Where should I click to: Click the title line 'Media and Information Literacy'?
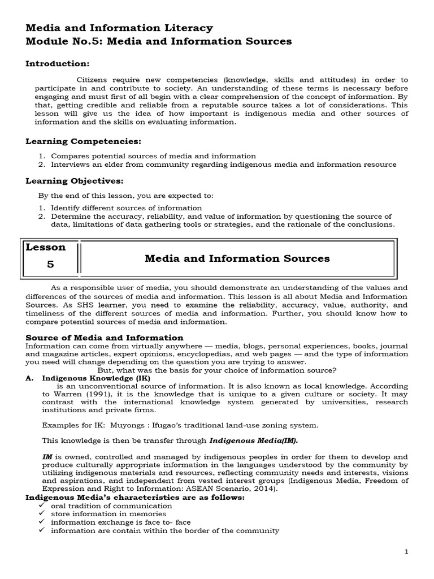tap(119, 28)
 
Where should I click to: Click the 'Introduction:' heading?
tap(57, 63)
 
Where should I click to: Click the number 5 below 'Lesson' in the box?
tap(51, 264)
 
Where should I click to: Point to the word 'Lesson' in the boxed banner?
tap(46, 247)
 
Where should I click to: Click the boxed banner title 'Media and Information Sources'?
tap(237, 258)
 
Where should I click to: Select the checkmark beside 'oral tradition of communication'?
tap(42, 505)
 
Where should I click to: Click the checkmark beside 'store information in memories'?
tap(42, 514)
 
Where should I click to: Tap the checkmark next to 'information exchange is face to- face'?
tap(42, 522)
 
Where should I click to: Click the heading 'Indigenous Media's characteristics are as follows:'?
tap(135, 497)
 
